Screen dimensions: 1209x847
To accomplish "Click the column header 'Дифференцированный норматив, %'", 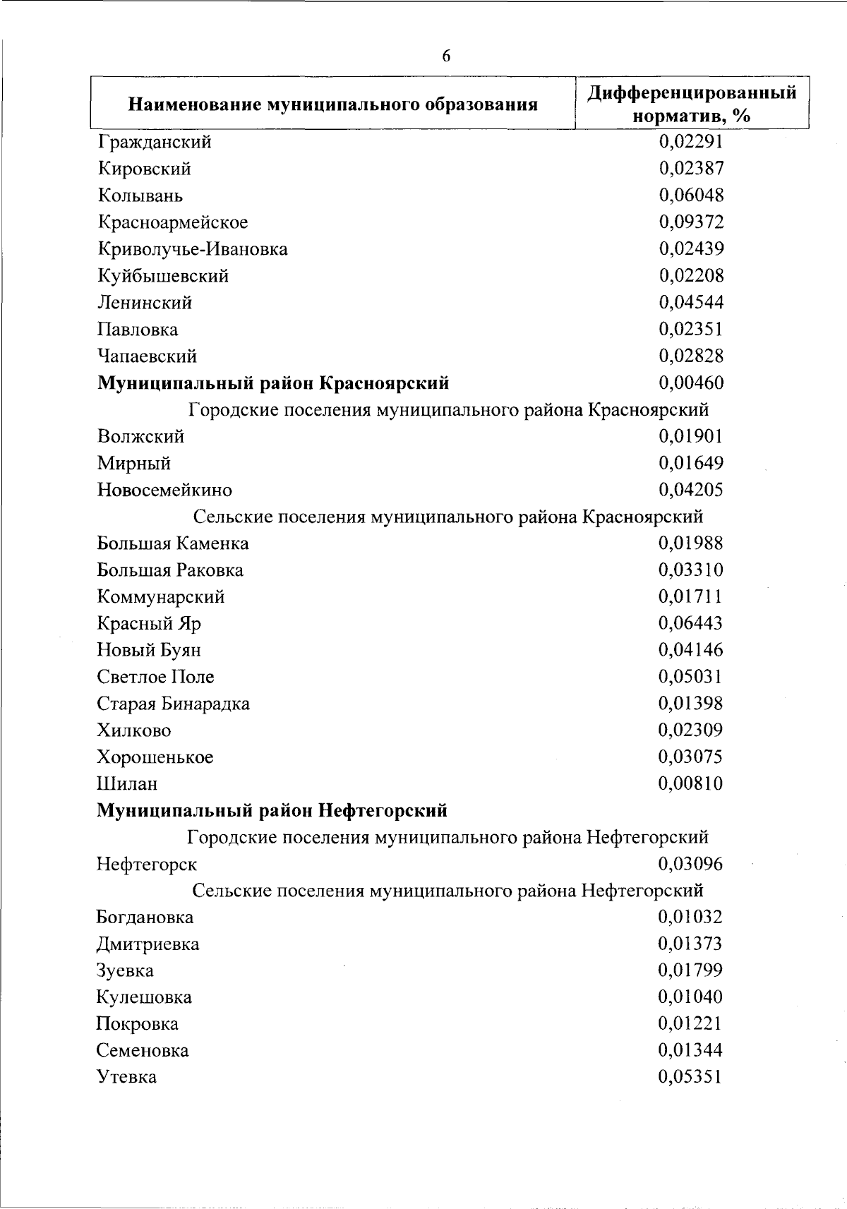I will (692, 104).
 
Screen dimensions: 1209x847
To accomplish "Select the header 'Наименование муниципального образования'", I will (332, 105).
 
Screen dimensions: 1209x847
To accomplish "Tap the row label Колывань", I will (140, 196).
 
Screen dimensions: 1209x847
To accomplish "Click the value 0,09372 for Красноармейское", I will (691, 222).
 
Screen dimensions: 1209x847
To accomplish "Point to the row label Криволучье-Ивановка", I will (192, 249).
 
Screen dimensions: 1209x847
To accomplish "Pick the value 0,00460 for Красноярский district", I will (691, 383).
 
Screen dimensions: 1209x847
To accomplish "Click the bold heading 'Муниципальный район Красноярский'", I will (272, 383).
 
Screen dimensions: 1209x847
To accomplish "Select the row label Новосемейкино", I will (164, 490).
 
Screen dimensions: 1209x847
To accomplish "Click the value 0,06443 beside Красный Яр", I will (690, 623).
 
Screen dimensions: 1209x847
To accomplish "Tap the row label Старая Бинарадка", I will (173, 704).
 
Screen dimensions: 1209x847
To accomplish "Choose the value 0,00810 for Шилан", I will (690, 783).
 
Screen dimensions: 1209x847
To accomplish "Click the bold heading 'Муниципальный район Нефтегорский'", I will (272, 810).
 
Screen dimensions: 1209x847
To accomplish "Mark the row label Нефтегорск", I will (147, 864).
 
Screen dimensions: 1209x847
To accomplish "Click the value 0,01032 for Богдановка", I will (690, 918).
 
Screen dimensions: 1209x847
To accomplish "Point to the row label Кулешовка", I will (144, 997).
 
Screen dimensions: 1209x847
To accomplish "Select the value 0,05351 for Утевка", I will (690, 1077).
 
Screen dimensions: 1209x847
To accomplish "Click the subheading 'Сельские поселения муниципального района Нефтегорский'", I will (447, 891).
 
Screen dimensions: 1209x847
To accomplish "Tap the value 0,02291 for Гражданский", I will (691, 142).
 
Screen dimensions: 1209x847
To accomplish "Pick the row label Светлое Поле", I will (155, 677).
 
